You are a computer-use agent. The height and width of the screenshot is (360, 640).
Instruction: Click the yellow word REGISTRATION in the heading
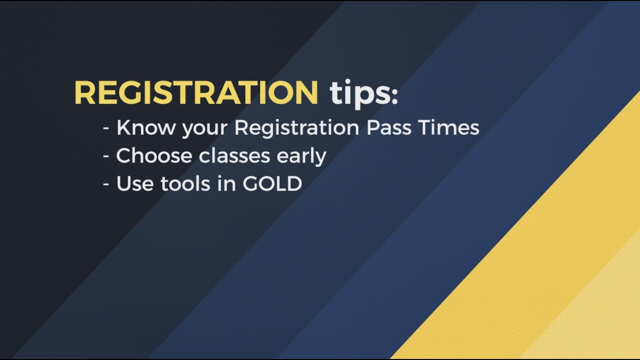point(196,92)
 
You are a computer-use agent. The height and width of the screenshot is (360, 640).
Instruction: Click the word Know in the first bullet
point(145,127)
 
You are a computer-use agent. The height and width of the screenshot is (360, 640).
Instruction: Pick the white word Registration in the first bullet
point(296,128)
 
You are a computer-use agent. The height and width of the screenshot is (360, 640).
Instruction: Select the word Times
point(449,127)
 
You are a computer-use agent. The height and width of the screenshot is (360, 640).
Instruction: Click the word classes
point(234,156)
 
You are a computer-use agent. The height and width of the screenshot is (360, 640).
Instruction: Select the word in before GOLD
point(233,184)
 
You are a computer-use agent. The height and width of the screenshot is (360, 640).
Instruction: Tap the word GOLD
point(272,184)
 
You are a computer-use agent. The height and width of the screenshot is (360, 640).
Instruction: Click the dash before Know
point(106,129)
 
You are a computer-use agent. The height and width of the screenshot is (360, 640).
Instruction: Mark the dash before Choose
point(106,157)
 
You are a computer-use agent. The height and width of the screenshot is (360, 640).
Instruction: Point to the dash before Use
point(106,185)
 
